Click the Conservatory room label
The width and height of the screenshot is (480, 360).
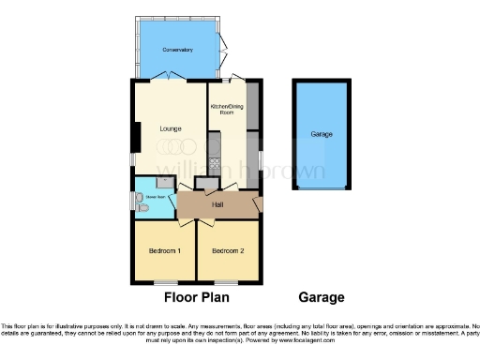[176, 49]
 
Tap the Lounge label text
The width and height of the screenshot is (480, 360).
[170, 127]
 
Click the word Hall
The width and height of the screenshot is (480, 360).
[217, 203]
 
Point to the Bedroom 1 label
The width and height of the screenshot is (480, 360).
[165, 251]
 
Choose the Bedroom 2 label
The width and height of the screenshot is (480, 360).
[227, 251]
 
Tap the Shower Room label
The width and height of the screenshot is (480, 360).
[154, 198]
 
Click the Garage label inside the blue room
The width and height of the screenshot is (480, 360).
[322, 135]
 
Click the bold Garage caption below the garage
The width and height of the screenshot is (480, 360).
[321, 298]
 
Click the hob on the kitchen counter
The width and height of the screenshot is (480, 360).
[213, 162]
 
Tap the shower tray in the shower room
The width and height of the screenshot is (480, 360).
[164, 184]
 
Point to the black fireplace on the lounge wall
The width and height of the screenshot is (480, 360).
[136, 138]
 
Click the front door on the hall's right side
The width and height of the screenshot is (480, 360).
[259, 202]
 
